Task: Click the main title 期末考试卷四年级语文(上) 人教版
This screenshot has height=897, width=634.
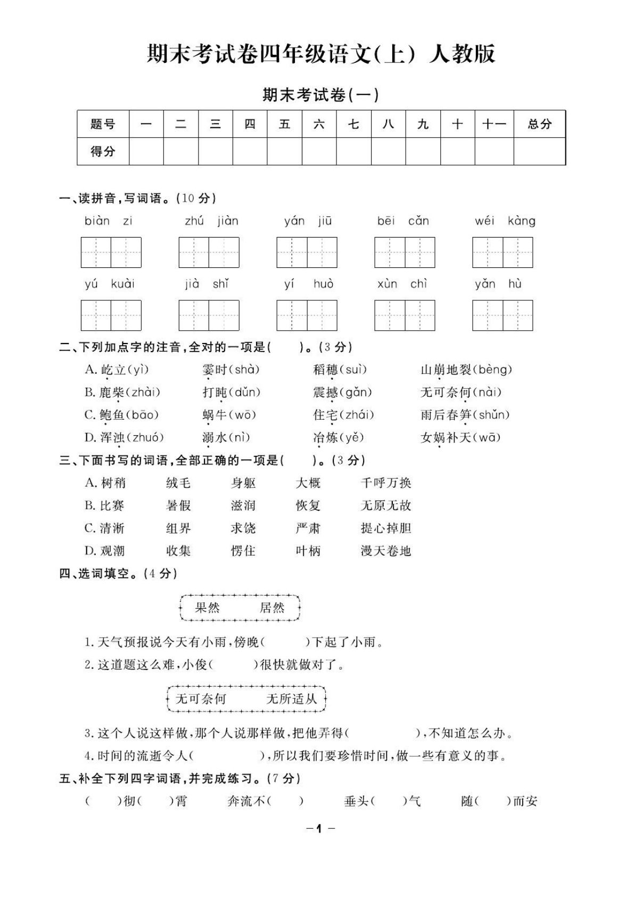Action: pos(321,54)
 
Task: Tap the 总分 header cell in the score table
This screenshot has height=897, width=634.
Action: pos(539,124)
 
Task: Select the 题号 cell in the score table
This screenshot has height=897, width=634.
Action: pos(103,124)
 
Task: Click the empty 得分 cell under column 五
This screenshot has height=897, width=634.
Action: pos(284,151)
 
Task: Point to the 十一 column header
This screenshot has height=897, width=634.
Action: pos(493,124)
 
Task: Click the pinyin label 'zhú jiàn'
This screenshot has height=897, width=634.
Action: pos(211,221)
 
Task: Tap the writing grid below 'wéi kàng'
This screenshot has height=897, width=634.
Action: pos(502,252)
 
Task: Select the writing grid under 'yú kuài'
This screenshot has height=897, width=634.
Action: pos(111,315)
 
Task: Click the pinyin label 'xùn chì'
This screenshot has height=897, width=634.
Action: pos(402,284)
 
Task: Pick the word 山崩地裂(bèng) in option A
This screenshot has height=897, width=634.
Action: pos(466,370)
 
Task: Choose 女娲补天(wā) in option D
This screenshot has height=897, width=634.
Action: pos(460,438)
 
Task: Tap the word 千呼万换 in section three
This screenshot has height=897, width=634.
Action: pos(386,483)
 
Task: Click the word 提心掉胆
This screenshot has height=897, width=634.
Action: pos(386,528)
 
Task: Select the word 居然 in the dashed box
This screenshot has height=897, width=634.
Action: pos(272,608)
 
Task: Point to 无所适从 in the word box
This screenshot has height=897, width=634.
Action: pos(291,699)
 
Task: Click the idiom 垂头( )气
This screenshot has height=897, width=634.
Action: pos(382,801)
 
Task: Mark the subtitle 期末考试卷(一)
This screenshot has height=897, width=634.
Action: pos(320,95)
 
